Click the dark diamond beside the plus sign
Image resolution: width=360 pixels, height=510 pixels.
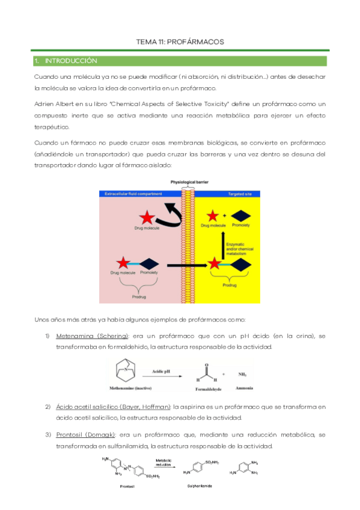pyautogui.click(x=242, y=214)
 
